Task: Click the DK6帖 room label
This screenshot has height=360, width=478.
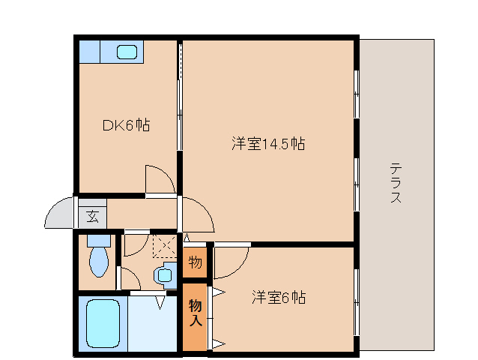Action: (x=126, y=125)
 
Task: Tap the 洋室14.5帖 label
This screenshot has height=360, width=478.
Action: (x=267, y=143)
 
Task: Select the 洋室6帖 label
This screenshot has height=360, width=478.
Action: (x=277, y=297)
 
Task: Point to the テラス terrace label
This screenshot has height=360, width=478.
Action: (x=396, y=184)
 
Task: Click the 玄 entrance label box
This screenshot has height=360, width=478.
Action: (x=92, y=217)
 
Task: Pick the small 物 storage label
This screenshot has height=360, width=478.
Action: (x=195, y=262)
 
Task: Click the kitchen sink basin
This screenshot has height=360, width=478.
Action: (x=127, y=52)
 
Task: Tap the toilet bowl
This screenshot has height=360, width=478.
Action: (x=98, y=262)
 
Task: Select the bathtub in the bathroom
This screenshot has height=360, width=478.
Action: (x=104, y=323)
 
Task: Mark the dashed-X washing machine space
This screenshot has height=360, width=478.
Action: (x=163, y=246)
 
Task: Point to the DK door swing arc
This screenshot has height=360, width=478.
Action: (x=160, y=179)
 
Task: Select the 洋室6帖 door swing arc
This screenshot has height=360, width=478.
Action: (x=231, y=263)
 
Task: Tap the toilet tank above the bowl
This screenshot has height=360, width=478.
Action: (x=98, y=241)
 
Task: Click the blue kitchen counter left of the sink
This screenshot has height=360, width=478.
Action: (x=89, y=52)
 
